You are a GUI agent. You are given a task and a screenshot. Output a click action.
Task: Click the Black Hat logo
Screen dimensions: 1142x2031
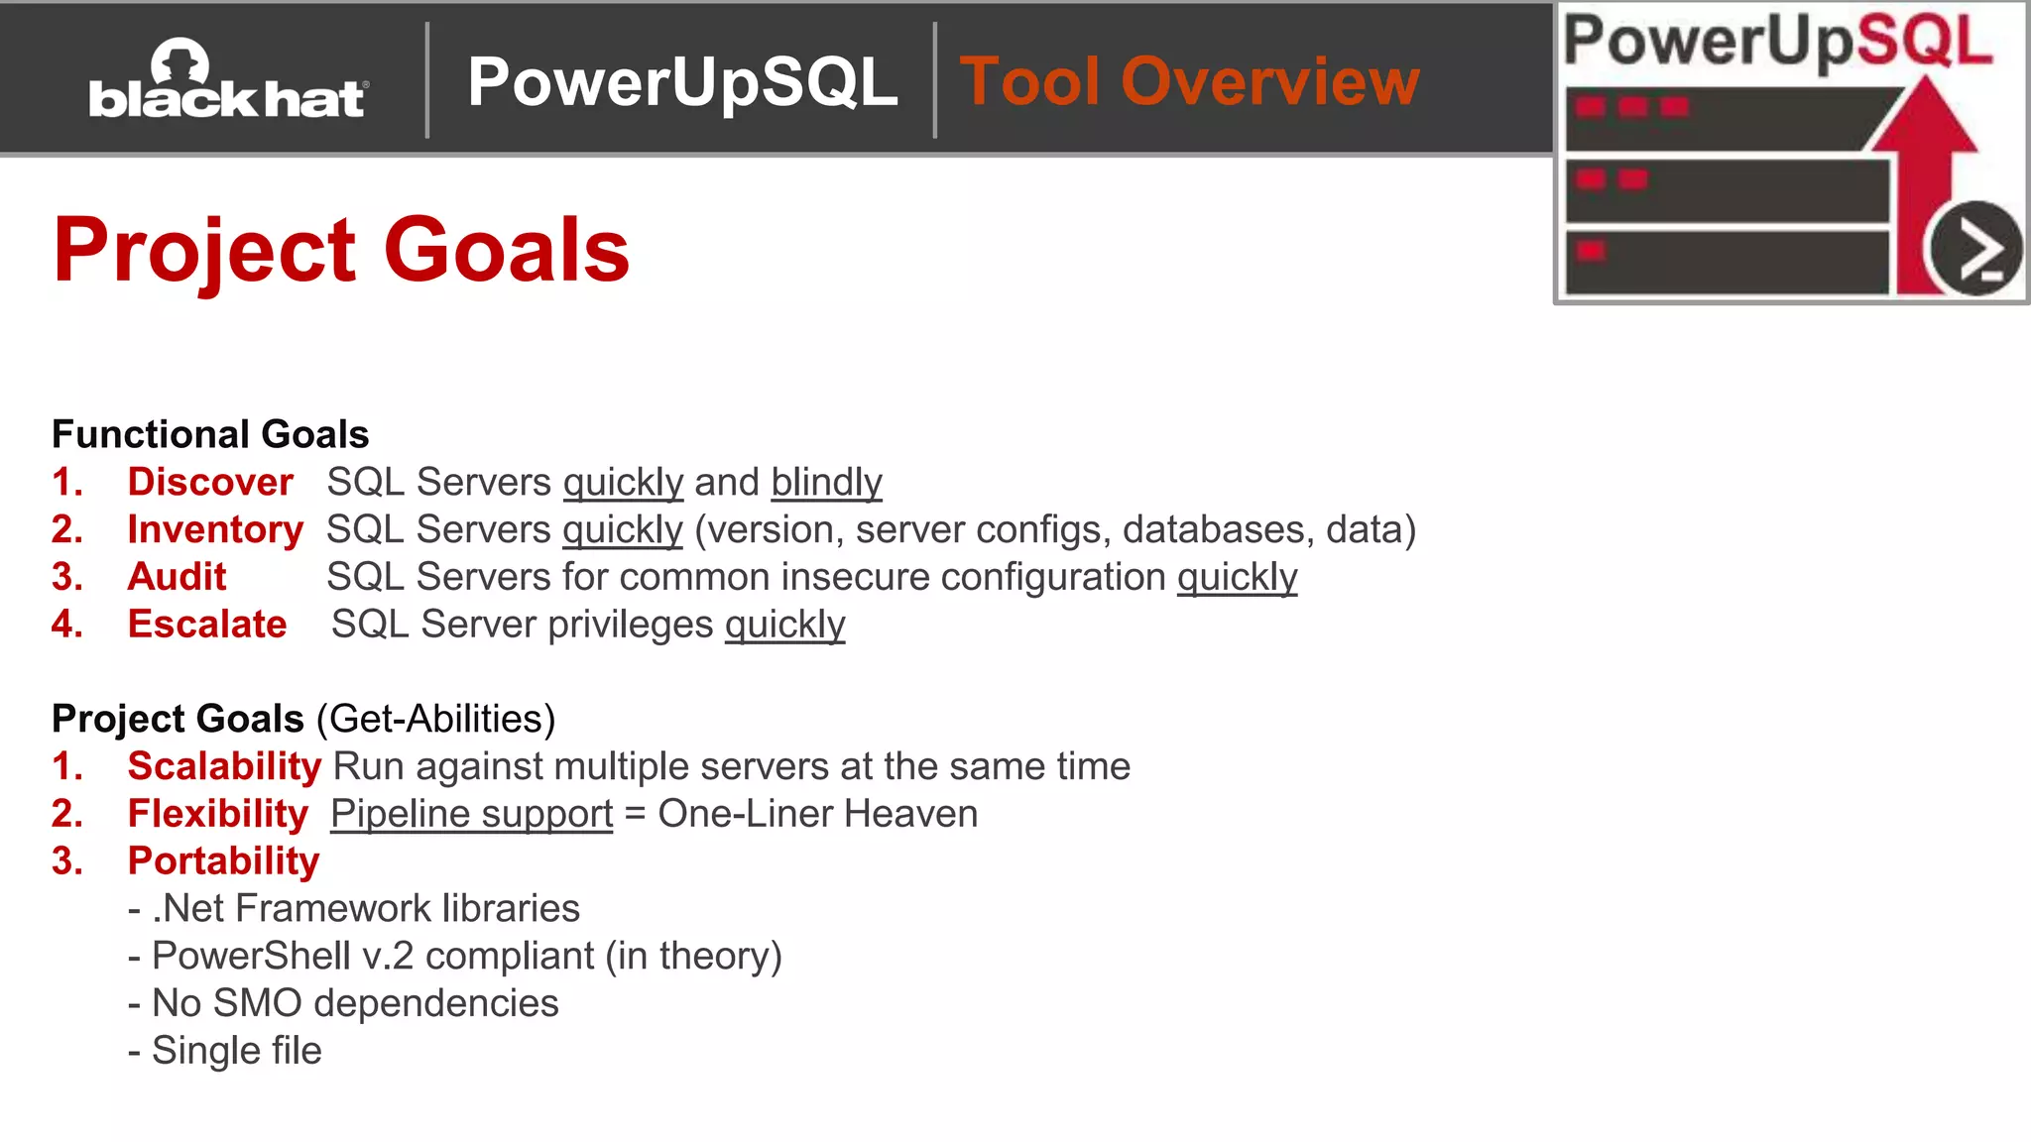tap(228, 81)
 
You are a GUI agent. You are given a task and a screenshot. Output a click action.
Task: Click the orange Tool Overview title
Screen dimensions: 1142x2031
tap(1189, 81)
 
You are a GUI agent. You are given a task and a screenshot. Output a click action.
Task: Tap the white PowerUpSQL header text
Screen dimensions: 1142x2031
tap(682, 81)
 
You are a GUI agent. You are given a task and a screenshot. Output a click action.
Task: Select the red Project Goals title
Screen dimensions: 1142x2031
tap(341, 250)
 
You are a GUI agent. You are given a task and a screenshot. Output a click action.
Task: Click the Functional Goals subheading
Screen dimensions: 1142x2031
tap(210, 434)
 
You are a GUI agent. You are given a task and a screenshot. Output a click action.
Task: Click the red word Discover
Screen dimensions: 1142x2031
tap(210, 482)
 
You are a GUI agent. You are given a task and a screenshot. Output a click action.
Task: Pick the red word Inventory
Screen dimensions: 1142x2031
tap(215, 529)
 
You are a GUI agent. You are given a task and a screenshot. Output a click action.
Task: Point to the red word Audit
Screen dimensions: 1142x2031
tap(178, 577)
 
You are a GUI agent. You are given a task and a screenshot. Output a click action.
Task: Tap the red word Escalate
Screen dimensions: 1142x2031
tap(207, 625)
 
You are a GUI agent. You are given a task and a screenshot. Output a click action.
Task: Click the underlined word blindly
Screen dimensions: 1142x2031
tap(826, 483)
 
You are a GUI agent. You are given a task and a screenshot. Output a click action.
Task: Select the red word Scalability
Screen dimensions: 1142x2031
tap(224, 766)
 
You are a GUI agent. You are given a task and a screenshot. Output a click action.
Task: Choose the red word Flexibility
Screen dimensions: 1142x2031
tap(218, 814)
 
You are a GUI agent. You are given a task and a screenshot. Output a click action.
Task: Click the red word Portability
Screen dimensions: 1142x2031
tap(224, 860)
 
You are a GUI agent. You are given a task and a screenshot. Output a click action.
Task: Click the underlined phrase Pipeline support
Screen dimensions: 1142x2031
tap(472, 814)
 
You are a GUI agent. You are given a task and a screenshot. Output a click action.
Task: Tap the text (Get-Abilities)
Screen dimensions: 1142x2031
tap(435, 719)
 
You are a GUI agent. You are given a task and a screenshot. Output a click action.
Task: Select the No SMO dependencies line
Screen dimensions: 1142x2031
tap(344, 1003)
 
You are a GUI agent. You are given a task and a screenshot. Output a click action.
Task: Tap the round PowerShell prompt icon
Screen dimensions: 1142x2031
tap(1975, 248)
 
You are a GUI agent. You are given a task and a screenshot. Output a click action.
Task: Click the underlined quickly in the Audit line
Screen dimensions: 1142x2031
tap(1237, 578)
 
